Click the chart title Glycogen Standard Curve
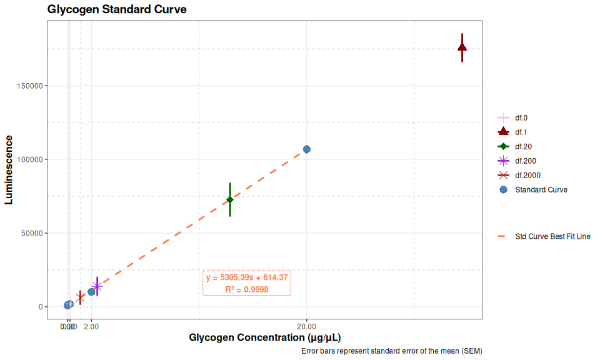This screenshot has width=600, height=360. click(x=116, y=9)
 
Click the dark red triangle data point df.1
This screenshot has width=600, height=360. click(x=462, y=47)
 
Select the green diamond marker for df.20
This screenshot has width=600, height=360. click(x=230, y=199)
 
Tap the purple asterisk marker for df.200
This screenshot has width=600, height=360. click(x=97, y=286)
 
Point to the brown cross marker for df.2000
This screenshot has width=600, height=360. click(x=80, y=297)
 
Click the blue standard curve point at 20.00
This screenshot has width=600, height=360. click(x=307, y=149)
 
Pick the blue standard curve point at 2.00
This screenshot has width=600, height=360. click(x=91, y=292)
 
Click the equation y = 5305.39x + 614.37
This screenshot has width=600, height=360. click(x=247, y=277)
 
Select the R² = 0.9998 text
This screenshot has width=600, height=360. click(x=247, y=289)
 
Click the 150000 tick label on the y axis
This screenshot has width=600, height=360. click(x=29, y=86)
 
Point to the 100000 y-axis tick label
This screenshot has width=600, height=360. click(x=29, y=159)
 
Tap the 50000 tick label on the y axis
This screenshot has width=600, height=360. click(x=31, y=233)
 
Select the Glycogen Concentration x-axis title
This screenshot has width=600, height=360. click(x=264, y=338)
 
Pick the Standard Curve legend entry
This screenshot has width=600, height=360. click(x=541, y=189)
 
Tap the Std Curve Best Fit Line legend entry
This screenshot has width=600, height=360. click(x=552, y=237)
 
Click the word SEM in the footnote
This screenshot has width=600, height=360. click(x=469, y=351)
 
